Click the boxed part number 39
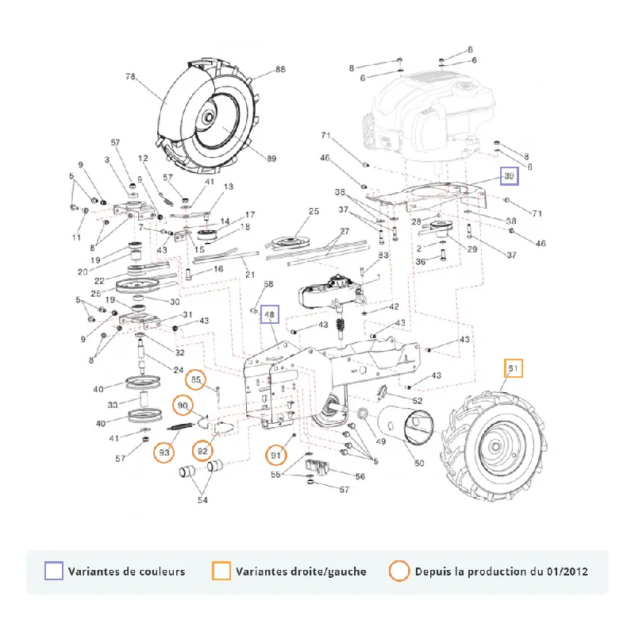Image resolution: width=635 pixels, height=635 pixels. (509, 175)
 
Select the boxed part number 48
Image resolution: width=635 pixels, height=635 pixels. (269, 314)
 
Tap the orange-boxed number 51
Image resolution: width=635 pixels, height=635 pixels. (513, 368)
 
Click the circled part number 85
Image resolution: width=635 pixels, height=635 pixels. (195, 379)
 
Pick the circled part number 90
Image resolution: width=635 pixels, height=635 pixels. (183, 406)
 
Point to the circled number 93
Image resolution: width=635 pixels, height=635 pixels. (164, 452)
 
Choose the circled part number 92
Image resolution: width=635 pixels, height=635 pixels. (202, 451)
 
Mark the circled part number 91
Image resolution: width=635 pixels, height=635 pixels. (275, 455)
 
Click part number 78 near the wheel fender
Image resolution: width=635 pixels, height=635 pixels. (130, 76)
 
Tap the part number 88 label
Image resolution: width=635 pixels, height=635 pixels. (280, 69)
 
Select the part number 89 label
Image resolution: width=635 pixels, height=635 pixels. (271, 159)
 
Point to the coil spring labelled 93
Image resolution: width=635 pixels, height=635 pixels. (179, 426)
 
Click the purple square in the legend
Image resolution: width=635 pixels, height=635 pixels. (54, 571)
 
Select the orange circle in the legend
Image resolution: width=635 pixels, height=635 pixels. (399, 571)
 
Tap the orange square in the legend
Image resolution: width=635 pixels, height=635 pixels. (221, 571)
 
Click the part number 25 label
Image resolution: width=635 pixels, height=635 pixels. (314, 211)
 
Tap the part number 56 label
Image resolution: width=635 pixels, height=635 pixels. (360, 476)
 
